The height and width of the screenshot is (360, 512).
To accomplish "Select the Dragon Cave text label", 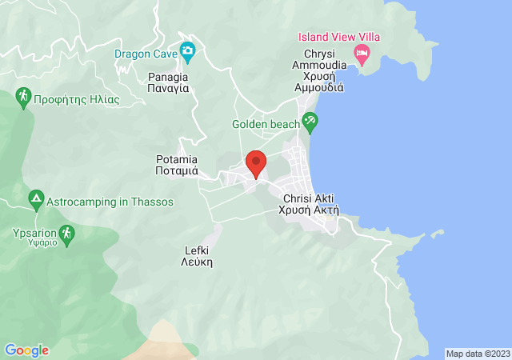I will tap(146, 54).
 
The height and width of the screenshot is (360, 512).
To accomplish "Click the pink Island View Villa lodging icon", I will tap(362, 54).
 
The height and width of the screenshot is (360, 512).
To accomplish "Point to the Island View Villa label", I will tap(339, 37).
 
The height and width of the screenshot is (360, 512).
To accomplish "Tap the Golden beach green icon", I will tap(310, 123).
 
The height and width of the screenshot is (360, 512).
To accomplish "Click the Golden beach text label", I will tap(266, 124).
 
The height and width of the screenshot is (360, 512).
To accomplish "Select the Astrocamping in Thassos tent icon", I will tap(35, 198).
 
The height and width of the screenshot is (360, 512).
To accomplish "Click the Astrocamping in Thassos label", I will tap(110, 202).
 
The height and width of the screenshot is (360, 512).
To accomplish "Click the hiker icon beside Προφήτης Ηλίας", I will tap(23, 98).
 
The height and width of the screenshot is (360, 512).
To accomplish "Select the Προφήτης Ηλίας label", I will tap(77, 100).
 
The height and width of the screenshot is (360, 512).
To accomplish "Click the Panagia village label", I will tap(168, 82).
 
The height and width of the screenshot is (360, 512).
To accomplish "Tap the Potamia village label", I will tap(176, 165).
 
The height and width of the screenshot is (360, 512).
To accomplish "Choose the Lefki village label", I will tap(197, 255).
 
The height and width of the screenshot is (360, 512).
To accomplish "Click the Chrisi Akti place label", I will tap(308, 204).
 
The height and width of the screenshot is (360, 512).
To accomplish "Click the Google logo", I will tap(26, 350).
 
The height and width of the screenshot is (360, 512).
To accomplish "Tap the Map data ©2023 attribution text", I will tap(477, 353).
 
